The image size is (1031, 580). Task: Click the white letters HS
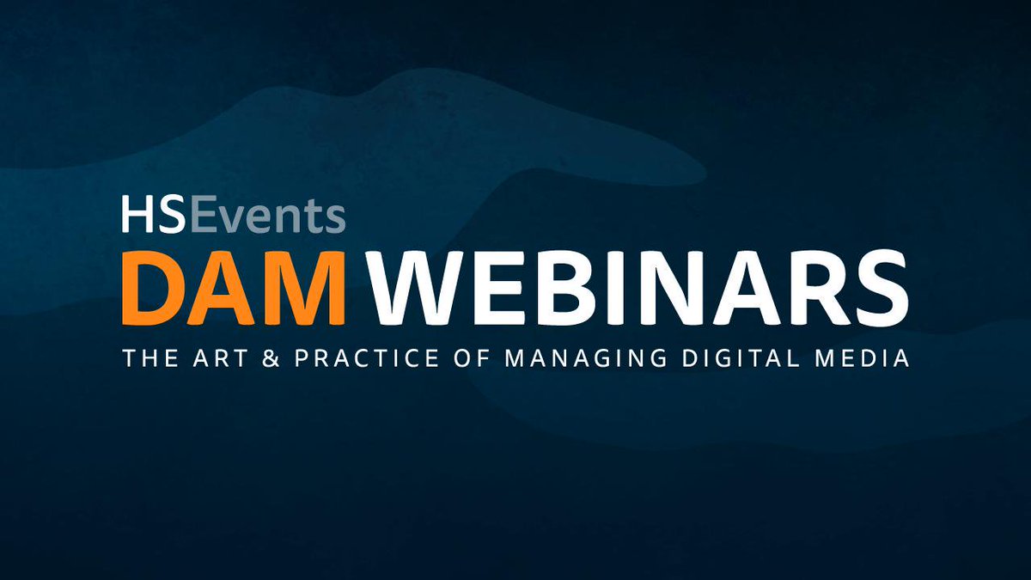click(x=153, y=215)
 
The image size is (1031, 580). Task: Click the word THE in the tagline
click(x=148, y=358)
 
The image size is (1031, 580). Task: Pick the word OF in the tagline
click(x=469, y=358)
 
